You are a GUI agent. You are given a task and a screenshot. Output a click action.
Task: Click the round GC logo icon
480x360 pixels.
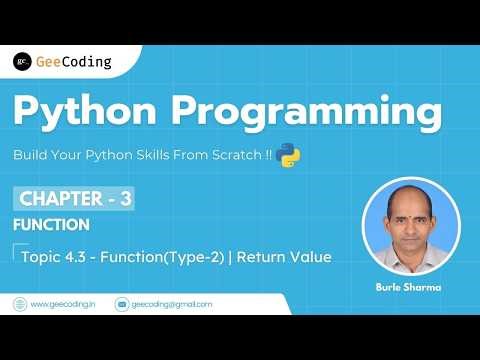[x=22, y=62]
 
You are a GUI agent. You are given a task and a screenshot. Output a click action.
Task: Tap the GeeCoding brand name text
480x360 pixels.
[x=73, y=62]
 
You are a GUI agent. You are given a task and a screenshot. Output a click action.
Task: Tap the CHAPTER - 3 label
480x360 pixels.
[x=73, y=198]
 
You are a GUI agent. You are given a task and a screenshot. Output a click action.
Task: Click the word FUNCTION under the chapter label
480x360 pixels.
[x=52, y=225]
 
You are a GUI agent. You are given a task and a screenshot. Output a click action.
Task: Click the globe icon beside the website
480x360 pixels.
[x=19, y=303]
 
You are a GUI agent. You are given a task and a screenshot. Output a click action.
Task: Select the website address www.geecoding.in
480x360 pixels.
[x=63, y=303]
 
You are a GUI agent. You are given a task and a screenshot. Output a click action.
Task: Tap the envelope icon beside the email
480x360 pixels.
[x=122, y=303]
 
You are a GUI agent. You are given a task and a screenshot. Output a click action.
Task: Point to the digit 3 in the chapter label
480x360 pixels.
[x=126, y=198]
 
